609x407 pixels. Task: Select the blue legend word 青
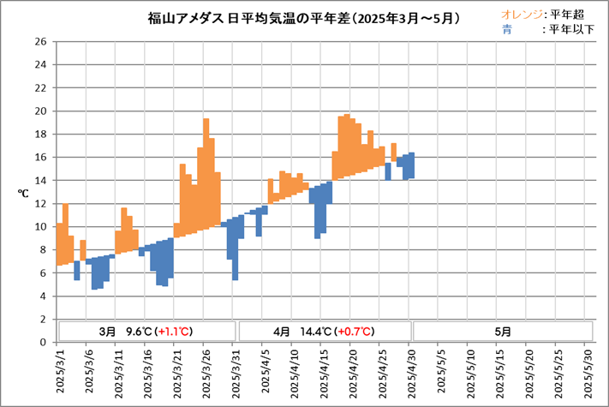(507, 29)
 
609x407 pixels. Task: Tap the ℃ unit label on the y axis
(23, 194)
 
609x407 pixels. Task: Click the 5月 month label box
(504, 331)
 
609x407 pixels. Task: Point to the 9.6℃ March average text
(139, 331)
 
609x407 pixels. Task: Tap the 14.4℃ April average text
(317, 331)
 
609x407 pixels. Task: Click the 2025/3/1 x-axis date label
(61, 371)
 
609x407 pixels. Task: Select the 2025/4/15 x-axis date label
(325, 371)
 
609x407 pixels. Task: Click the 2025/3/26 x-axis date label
(207, 371)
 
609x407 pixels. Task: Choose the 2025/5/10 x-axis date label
(472, 371)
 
